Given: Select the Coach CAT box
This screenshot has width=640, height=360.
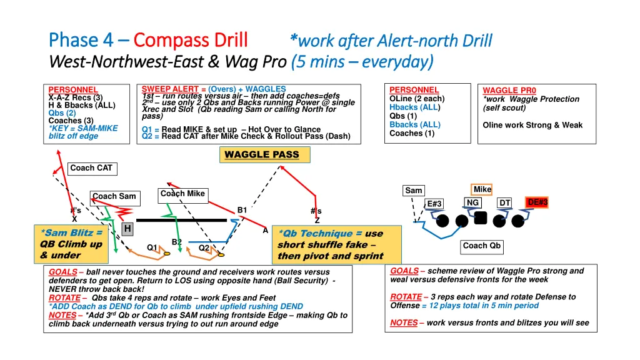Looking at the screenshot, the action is tap(91, 168).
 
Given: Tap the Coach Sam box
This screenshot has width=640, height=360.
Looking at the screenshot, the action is tap(114, 196).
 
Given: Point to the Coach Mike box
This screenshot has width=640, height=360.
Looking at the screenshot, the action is tap(182, 194).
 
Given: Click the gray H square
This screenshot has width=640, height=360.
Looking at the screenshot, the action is tap(127, 229).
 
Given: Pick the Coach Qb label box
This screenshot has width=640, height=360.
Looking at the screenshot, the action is tap(482, 246).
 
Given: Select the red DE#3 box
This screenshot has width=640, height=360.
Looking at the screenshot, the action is tap(537, 202).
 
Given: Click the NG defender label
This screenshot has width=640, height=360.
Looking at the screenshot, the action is tap(472, 202).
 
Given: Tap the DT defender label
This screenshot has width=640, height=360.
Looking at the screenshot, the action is tap(504, 202).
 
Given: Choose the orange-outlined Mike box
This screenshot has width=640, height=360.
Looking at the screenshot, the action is tap(482, 189).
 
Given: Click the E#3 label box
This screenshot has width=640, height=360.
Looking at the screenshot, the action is tap(434, 204).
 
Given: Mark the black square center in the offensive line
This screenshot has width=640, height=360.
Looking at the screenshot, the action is tap(481, 218).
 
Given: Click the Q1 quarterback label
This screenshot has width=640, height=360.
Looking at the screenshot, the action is tap(152, 247).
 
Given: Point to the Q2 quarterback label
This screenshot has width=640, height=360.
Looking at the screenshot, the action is tap(204, 247).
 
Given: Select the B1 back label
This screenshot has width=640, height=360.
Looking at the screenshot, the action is tap(242, 210).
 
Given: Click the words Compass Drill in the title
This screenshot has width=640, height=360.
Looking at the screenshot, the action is tap(191, 40).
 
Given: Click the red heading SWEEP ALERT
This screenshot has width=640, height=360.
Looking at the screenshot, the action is tap(170, 89).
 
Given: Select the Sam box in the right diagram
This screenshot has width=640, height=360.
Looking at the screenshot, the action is tap(414, 191).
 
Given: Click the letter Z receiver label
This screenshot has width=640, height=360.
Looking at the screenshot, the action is tap(317, 220).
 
